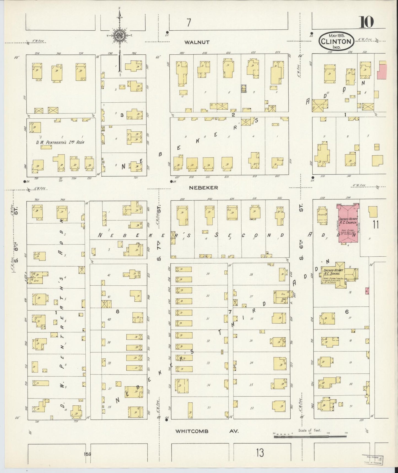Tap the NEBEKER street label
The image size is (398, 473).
click(204, 188)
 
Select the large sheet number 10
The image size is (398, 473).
click(366, 22)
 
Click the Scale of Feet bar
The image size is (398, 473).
click(310, 437)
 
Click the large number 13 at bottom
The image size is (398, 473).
click(259, 453)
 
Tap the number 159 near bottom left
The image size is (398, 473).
click(87, 454)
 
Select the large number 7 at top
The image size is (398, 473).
click(188, 23)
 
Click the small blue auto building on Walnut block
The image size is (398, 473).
click(243, 88)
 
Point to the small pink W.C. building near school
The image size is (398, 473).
click(367, 291)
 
